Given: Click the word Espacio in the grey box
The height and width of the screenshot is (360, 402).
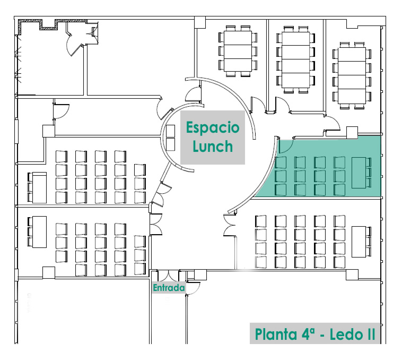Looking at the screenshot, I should point(213,128).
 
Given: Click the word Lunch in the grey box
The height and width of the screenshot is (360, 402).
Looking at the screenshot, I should point(213,146).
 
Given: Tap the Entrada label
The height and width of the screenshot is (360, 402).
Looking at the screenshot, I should point(168,288).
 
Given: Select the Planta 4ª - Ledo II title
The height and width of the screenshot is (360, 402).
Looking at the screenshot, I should point(316,335).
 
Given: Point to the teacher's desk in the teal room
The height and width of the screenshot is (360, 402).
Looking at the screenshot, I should point(359,173).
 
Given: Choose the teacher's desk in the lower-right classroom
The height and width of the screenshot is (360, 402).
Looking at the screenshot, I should point(360,242).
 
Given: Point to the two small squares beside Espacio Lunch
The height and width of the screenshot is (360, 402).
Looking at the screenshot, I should point(171,138).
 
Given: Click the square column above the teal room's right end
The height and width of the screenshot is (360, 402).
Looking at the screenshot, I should point(351,133).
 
